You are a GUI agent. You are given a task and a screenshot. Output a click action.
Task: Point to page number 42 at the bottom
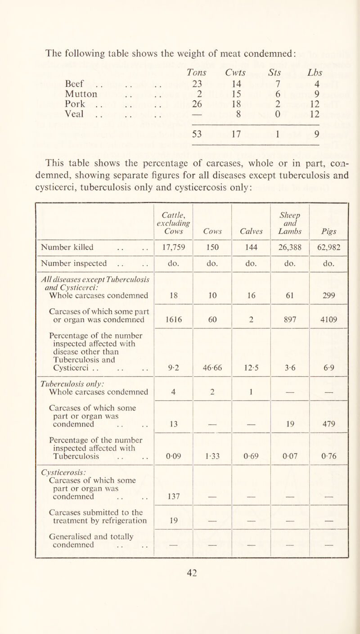[180, 619]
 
